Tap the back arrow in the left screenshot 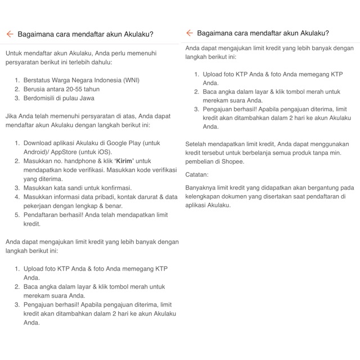coord(10,34)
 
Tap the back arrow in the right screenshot coord(189,33)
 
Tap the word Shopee coord(232,162)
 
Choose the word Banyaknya coord(202,188)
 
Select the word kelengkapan coord(204,197)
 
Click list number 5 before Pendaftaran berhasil coord(17,215)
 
